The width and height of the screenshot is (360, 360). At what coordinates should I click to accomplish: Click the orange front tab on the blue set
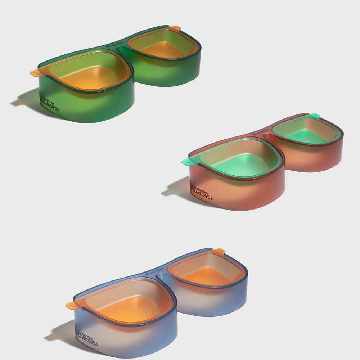(71, 306)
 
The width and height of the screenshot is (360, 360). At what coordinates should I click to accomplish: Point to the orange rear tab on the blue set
(219, 250)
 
